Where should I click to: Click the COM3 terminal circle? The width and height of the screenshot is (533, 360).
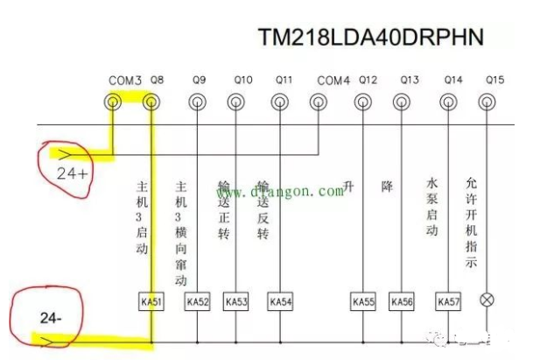(114, 102)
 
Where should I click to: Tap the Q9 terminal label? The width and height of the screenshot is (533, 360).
(199, 81)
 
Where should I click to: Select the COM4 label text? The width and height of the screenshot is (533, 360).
(333, 81)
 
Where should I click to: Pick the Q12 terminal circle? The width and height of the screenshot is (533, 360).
(361, 102)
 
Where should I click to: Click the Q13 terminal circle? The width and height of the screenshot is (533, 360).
(404, 102)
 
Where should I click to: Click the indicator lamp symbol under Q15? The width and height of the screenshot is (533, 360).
(488, 300)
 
